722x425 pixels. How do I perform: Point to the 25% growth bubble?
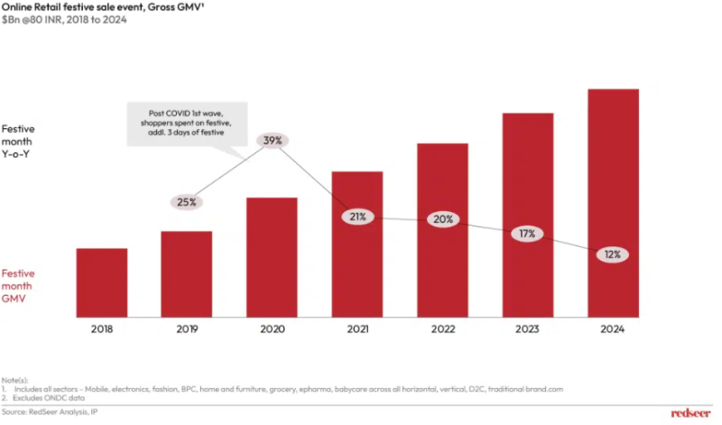point(187,202)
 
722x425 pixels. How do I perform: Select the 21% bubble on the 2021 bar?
point(357,217)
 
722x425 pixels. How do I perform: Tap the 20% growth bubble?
point(442,219)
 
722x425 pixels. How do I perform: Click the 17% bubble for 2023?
point(527,234)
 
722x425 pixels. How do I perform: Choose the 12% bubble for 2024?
point(613,254)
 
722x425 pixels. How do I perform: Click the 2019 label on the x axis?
point(186,330)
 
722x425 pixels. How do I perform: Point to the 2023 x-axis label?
point(527,330)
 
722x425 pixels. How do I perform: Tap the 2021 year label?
point(357,330)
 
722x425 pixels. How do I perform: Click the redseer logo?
point(691,411)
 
